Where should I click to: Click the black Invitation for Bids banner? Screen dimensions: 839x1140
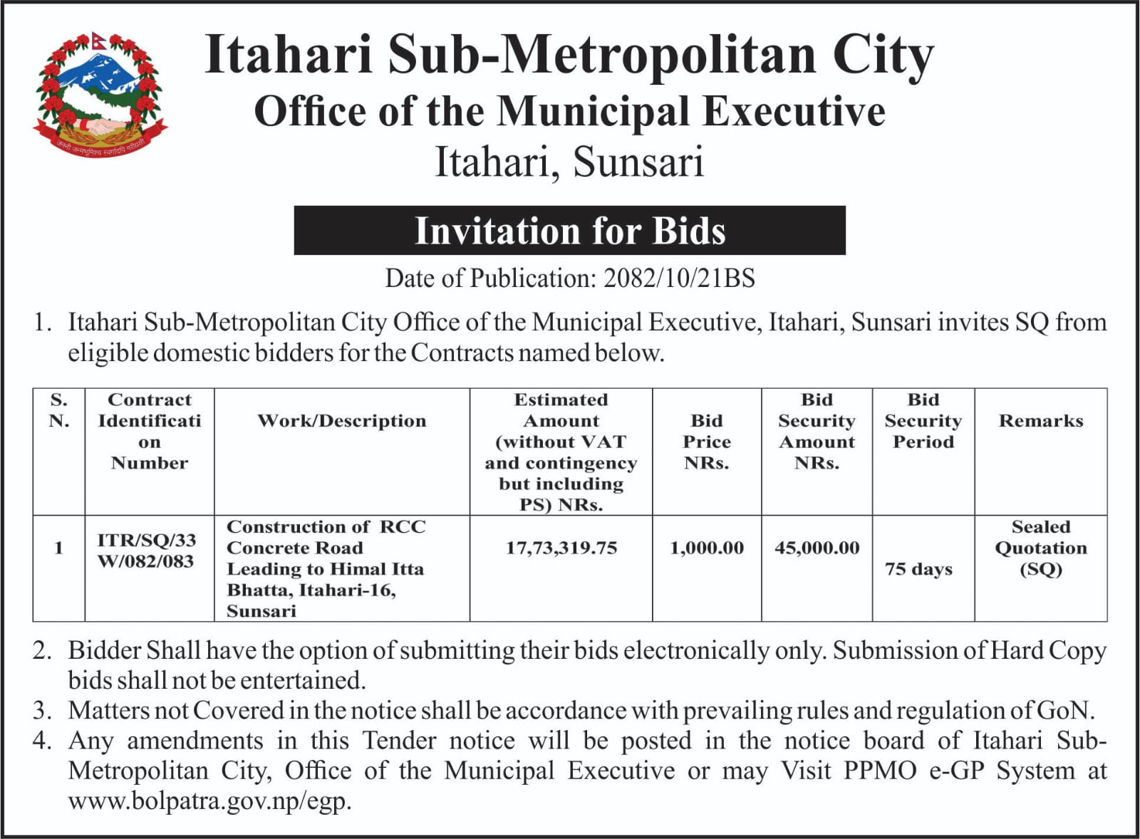(569, 231)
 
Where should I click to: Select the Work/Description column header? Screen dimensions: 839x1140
(342, 421)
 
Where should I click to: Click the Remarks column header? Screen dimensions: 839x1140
(1040, 421)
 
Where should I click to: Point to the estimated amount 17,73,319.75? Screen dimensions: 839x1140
(561, 548)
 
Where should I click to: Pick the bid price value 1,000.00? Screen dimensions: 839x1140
(706, 548)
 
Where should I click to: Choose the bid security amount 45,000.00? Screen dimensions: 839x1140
(817, 548)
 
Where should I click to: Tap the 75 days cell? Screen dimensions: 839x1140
(918, 569)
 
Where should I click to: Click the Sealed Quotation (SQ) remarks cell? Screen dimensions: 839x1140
(1040, 548)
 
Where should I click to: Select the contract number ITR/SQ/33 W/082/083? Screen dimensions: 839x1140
(147, 551)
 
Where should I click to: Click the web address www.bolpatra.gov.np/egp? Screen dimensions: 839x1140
(209, 801)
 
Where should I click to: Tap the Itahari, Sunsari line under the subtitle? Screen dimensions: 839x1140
(569, 162)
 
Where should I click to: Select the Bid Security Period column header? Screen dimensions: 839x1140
(923, 421)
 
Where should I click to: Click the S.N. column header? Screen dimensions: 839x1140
(59, 410)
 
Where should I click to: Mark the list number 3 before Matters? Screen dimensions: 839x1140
(41, 711)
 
